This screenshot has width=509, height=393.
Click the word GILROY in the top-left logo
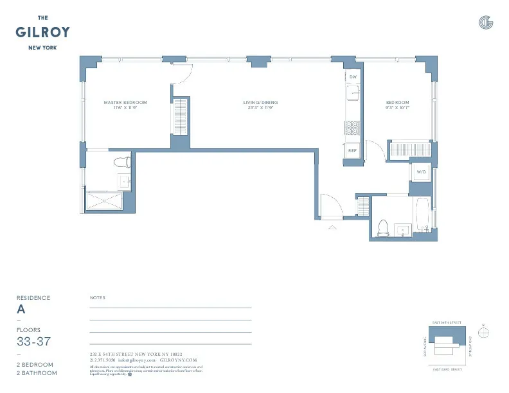click(44, 32)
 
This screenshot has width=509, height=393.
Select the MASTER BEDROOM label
click(125, 103)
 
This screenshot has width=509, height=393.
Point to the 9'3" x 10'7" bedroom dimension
click(397, 109)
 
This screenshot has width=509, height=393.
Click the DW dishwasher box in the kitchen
click(352, 77)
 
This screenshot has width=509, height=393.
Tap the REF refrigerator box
click(352, 151)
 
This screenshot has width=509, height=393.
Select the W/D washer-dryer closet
click(422, 172)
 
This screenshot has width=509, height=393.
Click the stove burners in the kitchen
click(352, 128)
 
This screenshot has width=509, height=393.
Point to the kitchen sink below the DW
click(352, 94)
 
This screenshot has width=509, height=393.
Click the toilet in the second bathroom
click(384, 227)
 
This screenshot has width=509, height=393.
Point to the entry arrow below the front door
click(332, 227)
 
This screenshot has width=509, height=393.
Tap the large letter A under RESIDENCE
click(21, 309)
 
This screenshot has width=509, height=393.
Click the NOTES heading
click(98, 298)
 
